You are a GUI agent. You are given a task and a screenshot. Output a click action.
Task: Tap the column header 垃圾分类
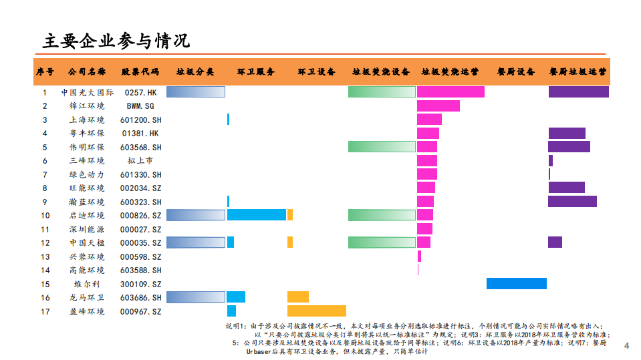click(x=195, y=71)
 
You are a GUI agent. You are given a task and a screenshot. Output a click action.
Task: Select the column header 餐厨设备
click(x=515, y=71)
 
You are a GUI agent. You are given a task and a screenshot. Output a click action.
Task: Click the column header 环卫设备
click(x=316, y=71)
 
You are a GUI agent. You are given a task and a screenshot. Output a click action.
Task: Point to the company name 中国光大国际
click(x=87, y=93)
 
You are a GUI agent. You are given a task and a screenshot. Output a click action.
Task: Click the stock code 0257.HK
click(x=141, y=93)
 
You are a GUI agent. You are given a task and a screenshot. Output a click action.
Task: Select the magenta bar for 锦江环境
click(x=438, y=106)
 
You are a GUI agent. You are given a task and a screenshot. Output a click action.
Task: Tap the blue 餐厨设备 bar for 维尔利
click(x=516, y=284)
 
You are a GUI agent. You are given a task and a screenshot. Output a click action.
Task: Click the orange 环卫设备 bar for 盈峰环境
click(x=316, y=311)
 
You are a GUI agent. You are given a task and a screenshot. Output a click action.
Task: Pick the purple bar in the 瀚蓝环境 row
click(x=572, y=202)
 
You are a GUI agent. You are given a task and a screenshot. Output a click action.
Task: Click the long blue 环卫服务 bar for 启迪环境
click(x=257, y=215)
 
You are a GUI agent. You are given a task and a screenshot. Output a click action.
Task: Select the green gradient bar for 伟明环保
click(x=381, y=147)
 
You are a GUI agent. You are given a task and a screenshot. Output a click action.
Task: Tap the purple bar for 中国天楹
click(x=555, y=242)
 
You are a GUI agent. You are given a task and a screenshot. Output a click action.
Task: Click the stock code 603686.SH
click(x=141, y=298)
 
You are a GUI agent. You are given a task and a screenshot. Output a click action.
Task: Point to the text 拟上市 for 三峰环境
click(x=141, y=161)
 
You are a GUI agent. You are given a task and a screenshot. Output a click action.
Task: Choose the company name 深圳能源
click(x=87, y=229)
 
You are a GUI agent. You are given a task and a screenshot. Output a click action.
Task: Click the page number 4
click(x=626, y=346)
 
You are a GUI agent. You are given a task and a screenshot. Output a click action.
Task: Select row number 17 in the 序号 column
click(x=45, y=311)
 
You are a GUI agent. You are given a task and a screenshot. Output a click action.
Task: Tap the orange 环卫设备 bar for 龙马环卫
click(x=297, y=297)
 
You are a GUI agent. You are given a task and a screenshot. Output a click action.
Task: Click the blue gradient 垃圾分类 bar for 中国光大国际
click(x=195, y=92)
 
